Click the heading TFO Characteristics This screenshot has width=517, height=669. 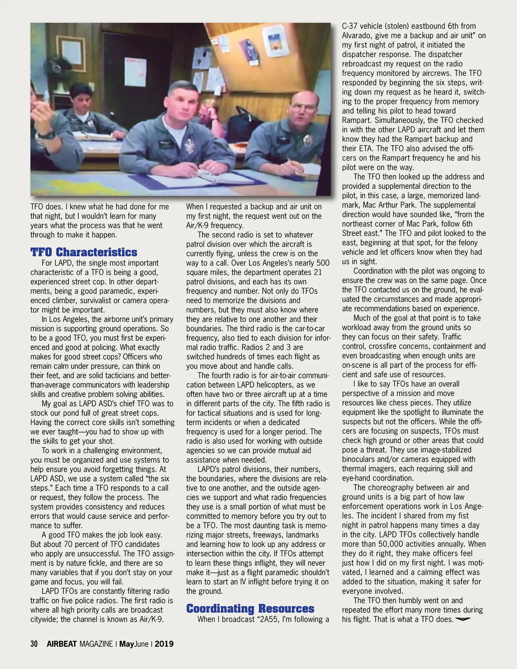pos(84,252)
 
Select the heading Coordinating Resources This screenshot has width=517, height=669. pos(250,608)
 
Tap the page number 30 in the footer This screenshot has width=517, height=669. pos(34,644)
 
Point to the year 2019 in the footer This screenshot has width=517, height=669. pos(164,644)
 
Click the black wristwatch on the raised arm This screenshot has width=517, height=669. pos(49,135)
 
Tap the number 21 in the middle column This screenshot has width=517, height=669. pos(318,272)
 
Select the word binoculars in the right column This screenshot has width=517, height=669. pos(359,459)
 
